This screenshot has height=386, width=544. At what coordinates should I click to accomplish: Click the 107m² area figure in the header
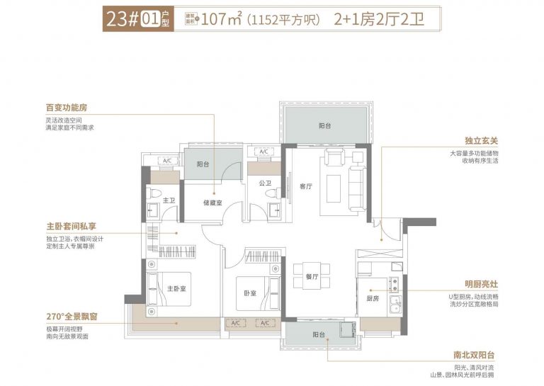pyautogui.click(x=221, y=19)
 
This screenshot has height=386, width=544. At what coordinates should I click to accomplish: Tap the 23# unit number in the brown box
pyautogui.click(x=123, y=19)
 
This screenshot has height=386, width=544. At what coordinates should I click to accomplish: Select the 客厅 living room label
pyautogui.click(x=306, y=186)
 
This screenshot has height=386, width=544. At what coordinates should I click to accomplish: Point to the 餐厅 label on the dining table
pyautogui.click(x=312, y=277)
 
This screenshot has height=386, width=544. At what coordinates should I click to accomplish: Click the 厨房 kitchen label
pyautogui.click(x=373, y=298)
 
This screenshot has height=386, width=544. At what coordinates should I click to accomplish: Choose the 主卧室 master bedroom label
pyautogui.click(x=176, y=288)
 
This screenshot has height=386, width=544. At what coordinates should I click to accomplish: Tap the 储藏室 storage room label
pyautogui.click(x=212, y=203)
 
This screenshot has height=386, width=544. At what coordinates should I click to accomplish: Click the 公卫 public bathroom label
pyautogui.click(x=265, y=183)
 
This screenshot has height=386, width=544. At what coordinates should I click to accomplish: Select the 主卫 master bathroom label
pyautogui.click(x=169, y=200)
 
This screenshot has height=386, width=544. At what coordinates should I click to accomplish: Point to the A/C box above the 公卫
pyautogui.click(x=263, y=152)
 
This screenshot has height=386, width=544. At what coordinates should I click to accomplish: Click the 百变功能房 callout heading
pyautogui.click(x=67, y=108)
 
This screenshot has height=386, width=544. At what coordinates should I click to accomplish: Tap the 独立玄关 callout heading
pyautogui.click(x=481, y=140)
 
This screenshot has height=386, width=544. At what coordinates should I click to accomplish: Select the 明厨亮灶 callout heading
pyautogui.click(x=481, y=285)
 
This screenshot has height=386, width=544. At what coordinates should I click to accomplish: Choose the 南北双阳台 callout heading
pyautogui.click(x=474, y=355)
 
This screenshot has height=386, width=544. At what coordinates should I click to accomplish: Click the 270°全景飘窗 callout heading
pyautogui.click(x=72, y=317)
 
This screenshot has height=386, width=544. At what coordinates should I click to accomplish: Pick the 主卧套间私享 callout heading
pyautogui.click(x=71, y=227)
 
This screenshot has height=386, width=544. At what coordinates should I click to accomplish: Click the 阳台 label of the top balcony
pyautogui.click(x=324, y=125)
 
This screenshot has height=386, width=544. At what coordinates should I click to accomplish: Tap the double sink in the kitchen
pyautogui.click(x=395, y=305)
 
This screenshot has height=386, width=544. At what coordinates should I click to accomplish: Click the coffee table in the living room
pyautogui.click(x=334, y=188)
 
